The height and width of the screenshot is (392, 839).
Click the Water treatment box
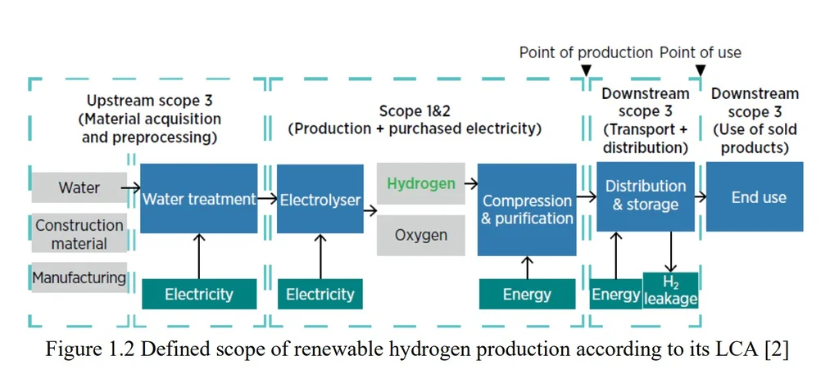tap(199, 198)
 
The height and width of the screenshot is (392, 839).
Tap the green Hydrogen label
tap(420, 183)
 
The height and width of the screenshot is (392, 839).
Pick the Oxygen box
tap(420, 235)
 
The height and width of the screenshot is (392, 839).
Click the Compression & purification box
tap(527, 210)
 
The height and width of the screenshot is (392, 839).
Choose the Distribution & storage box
tap(646, 196)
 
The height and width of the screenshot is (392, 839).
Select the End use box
tap(758, 196)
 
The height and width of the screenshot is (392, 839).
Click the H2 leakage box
tap(670, 291)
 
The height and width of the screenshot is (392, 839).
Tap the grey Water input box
tap(79, 187)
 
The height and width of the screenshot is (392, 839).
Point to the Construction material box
tap(79, 234)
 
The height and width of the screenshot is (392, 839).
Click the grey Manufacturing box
tap(79, 277)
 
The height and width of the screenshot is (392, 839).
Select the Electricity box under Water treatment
tap(199, 294)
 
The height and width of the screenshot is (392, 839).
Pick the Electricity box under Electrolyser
tap(320, 294)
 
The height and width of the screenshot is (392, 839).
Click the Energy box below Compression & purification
tap(527, 294)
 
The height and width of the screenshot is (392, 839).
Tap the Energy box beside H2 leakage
tap(615, 294)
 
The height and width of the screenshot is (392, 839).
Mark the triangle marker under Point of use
tap(701, 70)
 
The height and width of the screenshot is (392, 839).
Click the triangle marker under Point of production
tap(586, 70)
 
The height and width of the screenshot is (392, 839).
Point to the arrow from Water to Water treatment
tap(131, 187)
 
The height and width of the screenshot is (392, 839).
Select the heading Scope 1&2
tap(413, 110)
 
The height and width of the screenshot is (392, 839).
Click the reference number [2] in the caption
tap(777, 349)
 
